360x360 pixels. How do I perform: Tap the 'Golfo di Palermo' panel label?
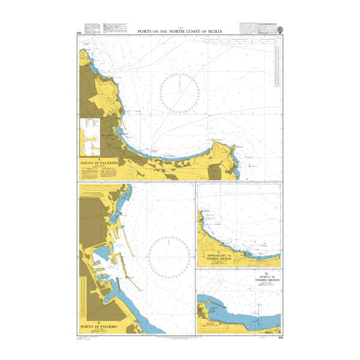click(x=97, y=163)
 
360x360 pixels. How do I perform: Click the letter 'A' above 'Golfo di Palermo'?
click(x=97, y=159)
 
